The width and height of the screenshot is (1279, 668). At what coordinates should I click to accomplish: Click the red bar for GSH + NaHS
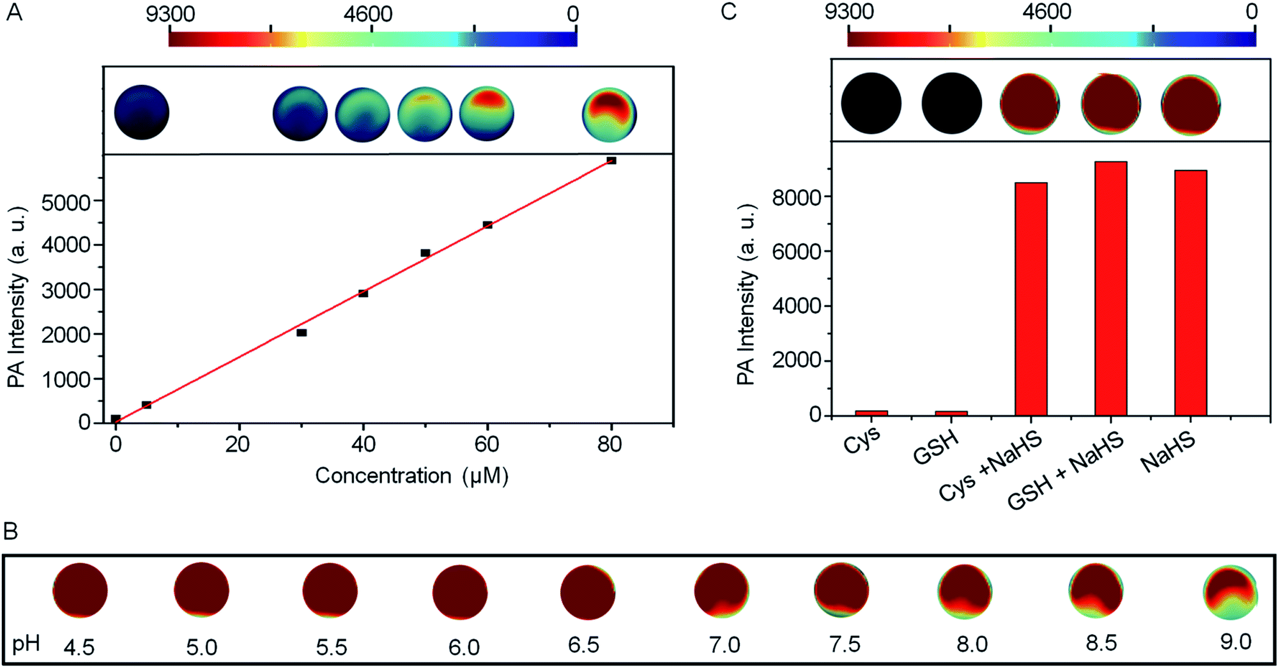[1110, 289]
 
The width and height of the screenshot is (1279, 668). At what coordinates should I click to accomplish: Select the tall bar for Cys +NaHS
[1030, 299]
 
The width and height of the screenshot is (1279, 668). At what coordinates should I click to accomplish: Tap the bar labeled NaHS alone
[1190, 292]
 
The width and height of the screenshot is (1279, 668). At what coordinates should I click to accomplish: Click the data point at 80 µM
[611, 160]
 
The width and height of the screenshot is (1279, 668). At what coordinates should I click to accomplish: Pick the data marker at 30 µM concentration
[302, 332]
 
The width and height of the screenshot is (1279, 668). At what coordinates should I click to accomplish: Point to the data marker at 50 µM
[425, 253]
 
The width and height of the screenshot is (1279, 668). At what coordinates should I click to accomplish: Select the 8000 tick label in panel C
[796, 197]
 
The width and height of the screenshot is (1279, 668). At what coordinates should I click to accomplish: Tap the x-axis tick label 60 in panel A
[487, 444]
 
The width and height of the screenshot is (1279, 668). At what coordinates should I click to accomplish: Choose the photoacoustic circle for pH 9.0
[1230, 592]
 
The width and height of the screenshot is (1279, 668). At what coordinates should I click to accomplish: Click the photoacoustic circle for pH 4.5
[80, 590]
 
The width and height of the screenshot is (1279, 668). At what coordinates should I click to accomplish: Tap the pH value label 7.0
[724, 645]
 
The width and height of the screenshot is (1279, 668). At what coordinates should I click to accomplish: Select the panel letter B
[11, 531]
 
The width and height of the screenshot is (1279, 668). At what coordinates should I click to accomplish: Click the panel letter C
[728, 11]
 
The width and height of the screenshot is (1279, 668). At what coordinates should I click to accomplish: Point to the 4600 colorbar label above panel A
[368, 14]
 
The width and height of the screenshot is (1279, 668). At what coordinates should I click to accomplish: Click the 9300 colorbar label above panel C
[849, 11]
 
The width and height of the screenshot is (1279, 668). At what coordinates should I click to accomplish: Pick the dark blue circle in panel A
[142, 112]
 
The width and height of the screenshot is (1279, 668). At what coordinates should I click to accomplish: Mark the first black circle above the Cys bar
[871, 103]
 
